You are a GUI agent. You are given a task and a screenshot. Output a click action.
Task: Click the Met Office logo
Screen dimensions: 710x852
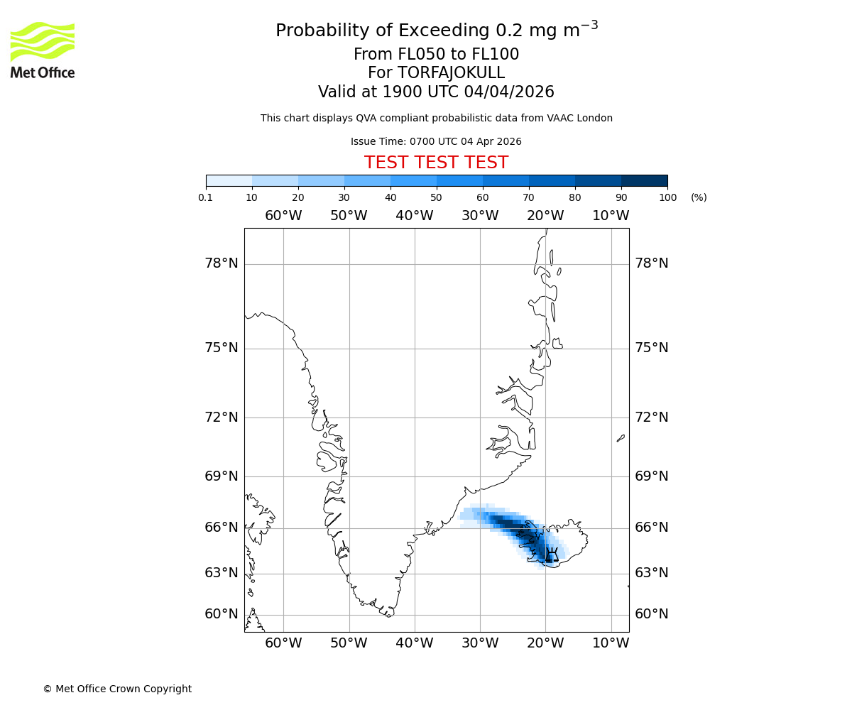click(x=43, y=50)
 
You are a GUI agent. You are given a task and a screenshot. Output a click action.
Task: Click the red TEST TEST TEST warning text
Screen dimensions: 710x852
click(x=436, y=163)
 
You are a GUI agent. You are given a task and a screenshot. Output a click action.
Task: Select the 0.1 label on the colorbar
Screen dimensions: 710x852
click(x=206, y=197)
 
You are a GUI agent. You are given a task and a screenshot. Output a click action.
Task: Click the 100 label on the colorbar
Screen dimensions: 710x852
click(x=667, y=197)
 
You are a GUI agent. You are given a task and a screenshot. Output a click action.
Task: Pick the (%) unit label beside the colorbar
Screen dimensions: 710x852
click(x=699, y=197)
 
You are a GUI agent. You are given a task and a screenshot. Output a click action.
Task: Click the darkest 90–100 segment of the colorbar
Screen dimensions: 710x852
click(x=644, y=180)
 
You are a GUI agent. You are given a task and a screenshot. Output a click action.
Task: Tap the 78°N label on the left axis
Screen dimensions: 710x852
click(x=222, y=263)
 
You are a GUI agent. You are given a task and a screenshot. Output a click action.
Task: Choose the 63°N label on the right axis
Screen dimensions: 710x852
click(x=652, y=572)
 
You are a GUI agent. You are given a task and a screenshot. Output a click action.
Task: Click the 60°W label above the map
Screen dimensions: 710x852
click(x=283, y=215)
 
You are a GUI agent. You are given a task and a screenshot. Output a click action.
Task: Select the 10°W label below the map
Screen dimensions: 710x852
click(x=611, y=643)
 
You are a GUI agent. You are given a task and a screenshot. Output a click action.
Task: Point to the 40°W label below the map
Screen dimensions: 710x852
click(x=415, y=643)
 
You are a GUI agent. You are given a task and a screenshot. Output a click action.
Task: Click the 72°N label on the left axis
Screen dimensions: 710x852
click(x=222, y=417)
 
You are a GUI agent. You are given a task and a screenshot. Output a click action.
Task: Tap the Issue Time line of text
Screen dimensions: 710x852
click(x=436, y=141)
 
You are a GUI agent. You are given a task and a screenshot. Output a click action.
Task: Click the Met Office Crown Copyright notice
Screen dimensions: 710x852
click(x=117, y=689)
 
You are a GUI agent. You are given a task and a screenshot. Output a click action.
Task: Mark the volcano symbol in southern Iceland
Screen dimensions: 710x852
click(x=552, y=555)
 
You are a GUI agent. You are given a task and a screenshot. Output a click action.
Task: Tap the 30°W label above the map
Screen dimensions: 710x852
click(x=480, y=215)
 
